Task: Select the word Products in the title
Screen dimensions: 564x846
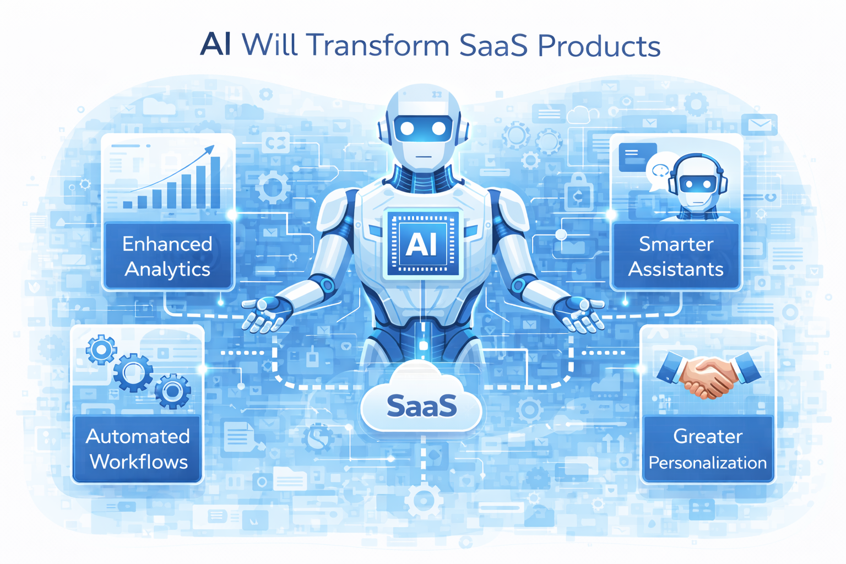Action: click(599, 45)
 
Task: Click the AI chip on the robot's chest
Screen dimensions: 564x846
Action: click(422, 243)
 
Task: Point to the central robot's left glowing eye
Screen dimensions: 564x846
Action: click(407, 128)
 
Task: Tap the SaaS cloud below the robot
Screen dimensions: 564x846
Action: click(421, 406)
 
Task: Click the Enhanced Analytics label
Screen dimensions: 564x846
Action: click(167, 256)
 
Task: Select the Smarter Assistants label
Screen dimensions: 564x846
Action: click(676, 256)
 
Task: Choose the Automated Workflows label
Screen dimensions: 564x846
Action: click(138, 449)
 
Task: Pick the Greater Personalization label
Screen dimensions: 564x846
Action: click(708, 449)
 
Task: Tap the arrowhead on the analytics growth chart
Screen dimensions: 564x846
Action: click(210, 149)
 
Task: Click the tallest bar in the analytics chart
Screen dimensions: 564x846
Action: click(215, 182)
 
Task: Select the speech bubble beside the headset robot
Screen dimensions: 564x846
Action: click(659, 170)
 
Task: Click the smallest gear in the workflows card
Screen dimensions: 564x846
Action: click(101, 349)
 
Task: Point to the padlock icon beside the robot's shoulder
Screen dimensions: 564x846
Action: click(577, 193)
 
